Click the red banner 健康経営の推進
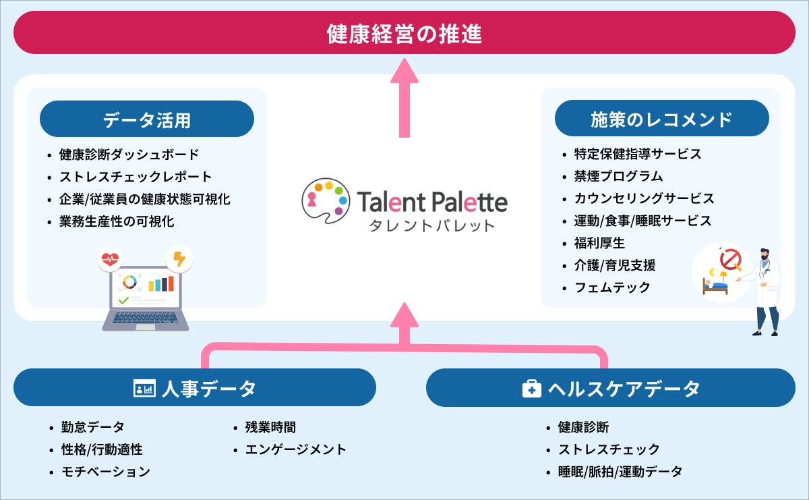pyautogui.click(x=404, y=33)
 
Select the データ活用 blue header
pyautogui.click(x=147, y=119)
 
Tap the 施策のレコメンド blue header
pyautogui.click(x=661, y=119)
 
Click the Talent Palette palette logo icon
pyautogui.click(x=326, y=196)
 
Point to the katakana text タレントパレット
pyautogui.click(x=431, y=225)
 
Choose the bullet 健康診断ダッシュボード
pyautogui.click(x=129, y=155)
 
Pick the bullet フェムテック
pyautogui.click(x=612, y=287)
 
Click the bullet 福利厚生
pyautogui.click(x=599, y=243)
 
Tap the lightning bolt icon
pyautogui.click(x=179, y=258)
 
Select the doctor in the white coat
pyautogui.click(x=766, y=290)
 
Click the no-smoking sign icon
pyautogui.click(x=731, y=258)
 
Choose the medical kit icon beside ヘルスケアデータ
pyautogui.click(x=532, y=389)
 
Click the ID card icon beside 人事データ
pyautogui.click(x=145, y=389)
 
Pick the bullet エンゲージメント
pyautogui.click(x=295, y=449)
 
